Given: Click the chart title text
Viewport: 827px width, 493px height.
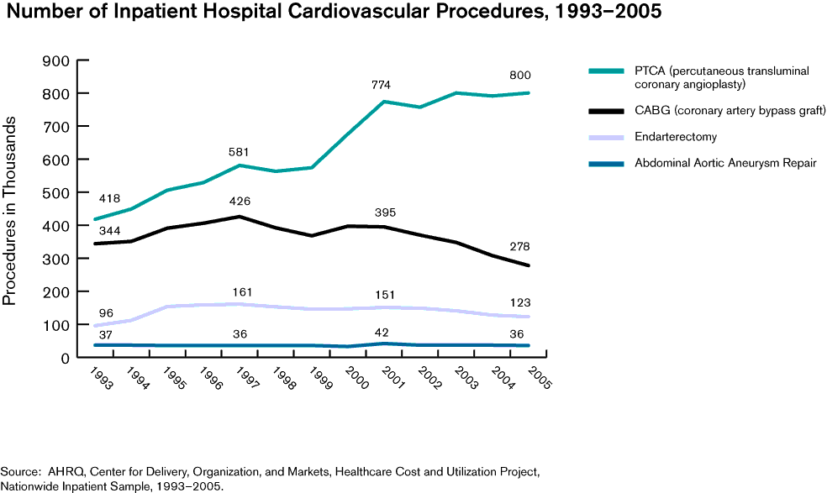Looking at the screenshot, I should (331, 13).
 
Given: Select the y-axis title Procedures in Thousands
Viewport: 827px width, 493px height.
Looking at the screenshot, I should (10, 209).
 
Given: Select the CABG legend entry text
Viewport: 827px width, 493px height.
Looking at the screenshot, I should (719, 110).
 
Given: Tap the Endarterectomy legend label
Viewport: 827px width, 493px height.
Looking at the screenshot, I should (676, 136).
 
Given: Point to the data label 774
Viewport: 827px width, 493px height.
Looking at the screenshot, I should (382, 85).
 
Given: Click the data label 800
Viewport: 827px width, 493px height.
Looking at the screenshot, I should (520, 76).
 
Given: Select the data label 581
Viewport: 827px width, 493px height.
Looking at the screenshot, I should (239, 151).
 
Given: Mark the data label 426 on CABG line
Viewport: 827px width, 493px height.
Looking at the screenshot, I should (240, 201).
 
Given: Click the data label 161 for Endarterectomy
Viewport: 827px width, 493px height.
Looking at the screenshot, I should (242, 292).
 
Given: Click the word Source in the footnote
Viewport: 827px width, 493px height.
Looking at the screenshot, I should (18, 472).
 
